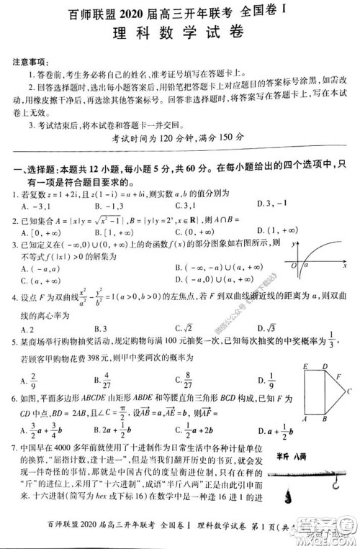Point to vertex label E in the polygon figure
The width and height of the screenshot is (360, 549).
pyautogui.click(x=305, y=368)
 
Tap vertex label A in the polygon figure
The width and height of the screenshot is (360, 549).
pyautogui.click(x=305, y=419)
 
